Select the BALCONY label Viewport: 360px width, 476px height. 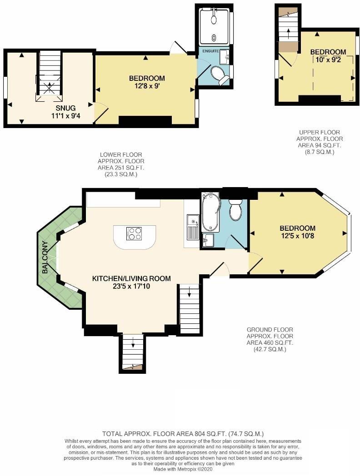(x=45, y=260)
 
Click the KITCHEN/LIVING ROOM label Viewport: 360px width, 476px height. (x=131, y=278)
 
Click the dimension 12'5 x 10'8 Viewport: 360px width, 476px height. (x=297, y=236)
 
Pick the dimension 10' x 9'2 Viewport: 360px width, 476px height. (x=328, y=59)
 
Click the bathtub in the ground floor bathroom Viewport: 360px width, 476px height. (x=210, y=212)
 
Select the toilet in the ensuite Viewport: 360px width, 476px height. (x=220, y=76)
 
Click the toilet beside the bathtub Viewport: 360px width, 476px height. (x=235, y=210)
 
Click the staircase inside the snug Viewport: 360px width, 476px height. (x=50, y=75)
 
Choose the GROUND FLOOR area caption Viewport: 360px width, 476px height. (x=270, y=339)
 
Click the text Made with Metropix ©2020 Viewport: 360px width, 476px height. (x=180, y=469)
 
